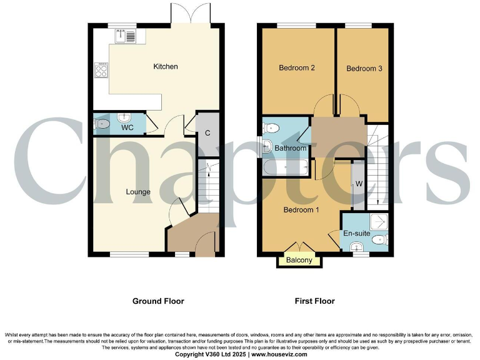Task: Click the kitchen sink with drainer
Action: pos(126,36)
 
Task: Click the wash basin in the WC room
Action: pos(123,117)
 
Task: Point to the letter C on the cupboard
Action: pos(207,133)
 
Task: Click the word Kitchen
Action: pos(166,66)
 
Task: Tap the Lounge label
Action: pos(137,192)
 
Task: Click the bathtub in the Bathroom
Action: pos(286,167)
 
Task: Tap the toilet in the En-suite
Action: pos(382,239)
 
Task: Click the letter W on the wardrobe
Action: pos(359,184)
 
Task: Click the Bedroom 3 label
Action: pos(364,69)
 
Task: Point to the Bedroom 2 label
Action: pos(296,68)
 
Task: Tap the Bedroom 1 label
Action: pos(301,210)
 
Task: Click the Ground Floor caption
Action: pos(158,301)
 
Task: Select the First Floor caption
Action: pos(314,301)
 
